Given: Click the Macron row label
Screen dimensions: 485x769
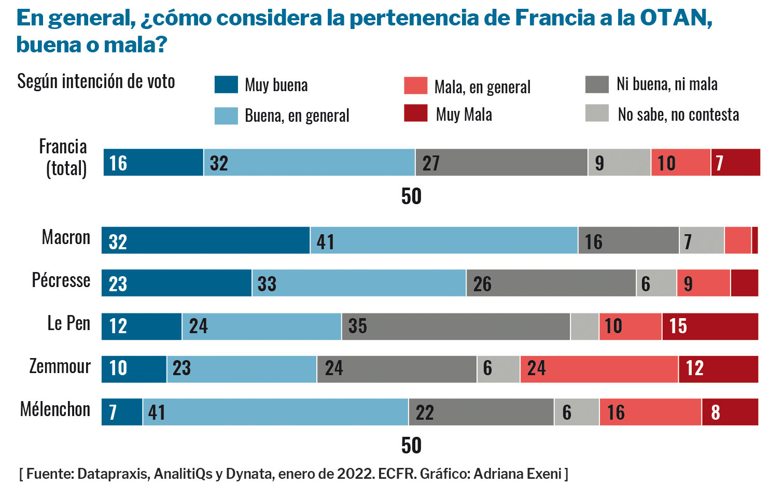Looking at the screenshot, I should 66,237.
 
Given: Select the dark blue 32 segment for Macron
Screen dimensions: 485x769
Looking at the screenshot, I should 206,240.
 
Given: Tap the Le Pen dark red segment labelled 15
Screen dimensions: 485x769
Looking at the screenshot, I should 710,326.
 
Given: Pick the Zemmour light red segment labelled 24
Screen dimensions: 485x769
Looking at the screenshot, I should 599,369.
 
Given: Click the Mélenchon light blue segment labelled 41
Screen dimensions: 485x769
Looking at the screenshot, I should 275,412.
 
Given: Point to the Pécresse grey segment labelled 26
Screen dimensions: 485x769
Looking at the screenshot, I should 551,283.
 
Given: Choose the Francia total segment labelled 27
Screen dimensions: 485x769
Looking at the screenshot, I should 501,163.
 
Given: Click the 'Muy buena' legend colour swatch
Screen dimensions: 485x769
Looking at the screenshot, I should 226,84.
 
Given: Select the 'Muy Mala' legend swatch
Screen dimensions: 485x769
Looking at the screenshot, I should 416,113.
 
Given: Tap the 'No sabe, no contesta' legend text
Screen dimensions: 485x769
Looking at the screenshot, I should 678,115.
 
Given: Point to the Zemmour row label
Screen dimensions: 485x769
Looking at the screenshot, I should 60,366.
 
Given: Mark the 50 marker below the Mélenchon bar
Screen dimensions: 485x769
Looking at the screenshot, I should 411,446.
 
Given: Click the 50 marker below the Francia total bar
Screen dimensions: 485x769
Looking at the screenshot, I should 411,196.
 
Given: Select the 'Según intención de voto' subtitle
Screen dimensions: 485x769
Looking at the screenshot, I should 96,81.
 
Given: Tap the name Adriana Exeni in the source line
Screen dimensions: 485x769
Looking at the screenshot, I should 517,474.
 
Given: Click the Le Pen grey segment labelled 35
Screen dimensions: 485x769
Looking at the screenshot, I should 456,326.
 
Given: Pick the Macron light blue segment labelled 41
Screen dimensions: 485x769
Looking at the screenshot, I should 444,240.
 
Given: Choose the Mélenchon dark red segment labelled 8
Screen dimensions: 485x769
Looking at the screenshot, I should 730,412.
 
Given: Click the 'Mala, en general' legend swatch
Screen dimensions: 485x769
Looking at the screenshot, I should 416,85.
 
